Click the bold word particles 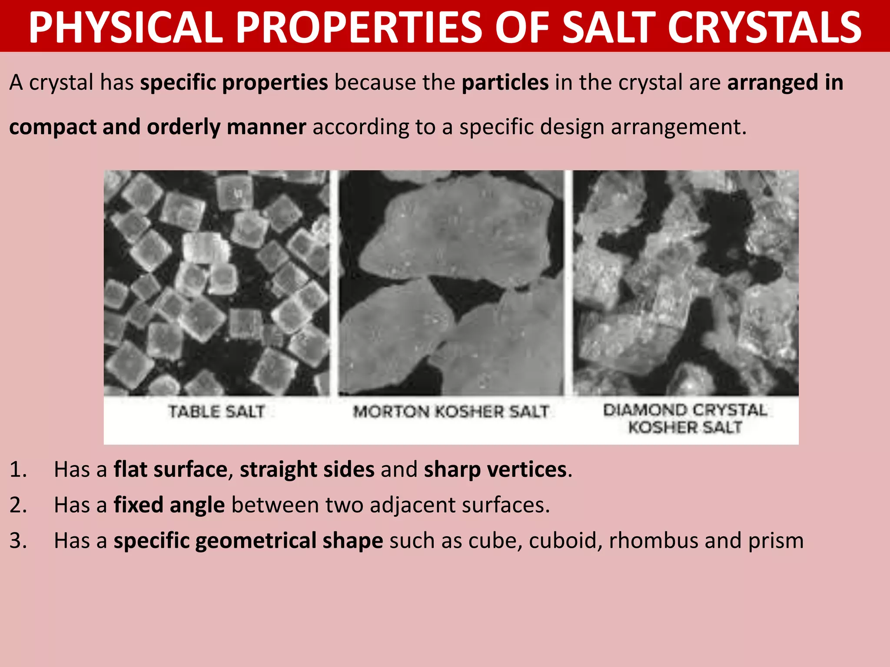coord(505,83)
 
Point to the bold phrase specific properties coord(234,83)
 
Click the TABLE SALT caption coord(216,411)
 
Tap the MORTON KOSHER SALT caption coord(451,411)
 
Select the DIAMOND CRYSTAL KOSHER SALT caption coord(685,419)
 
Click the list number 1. coord(18,470)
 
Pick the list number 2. coord(18,505)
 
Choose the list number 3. coord(18,541)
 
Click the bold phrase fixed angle coord(169,505)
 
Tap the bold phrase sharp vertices coord(495,470)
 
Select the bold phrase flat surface coord(170,470)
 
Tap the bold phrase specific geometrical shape coord(248,541)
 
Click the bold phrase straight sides coord(307,470)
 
